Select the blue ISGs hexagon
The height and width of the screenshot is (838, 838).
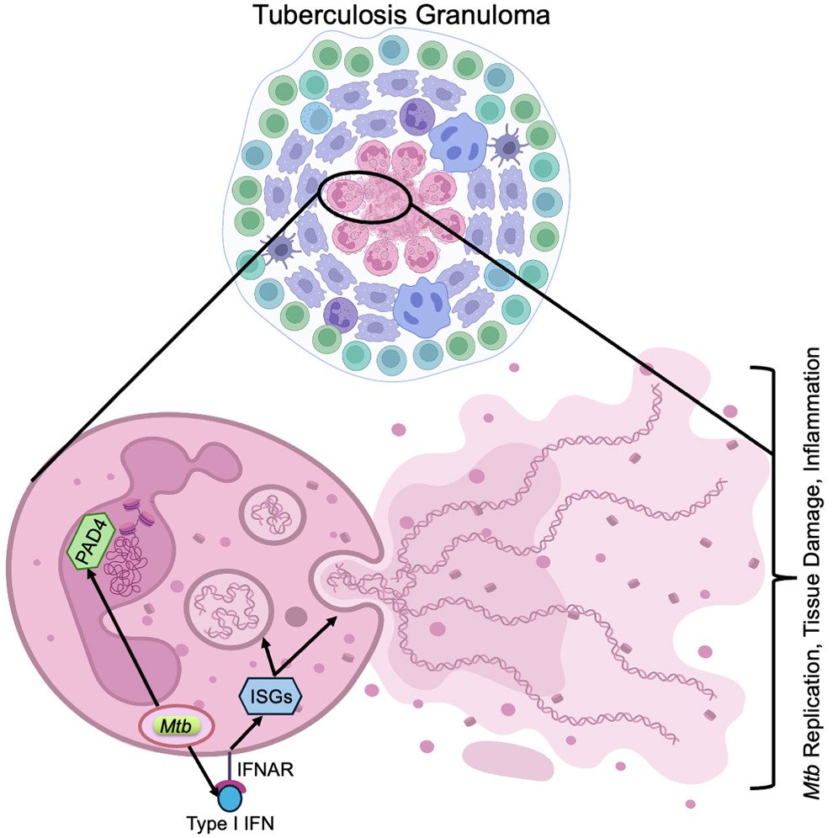point(269,696)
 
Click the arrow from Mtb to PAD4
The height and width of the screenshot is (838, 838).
point(122,639)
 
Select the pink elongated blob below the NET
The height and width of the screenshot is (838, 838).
point(507,758)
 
